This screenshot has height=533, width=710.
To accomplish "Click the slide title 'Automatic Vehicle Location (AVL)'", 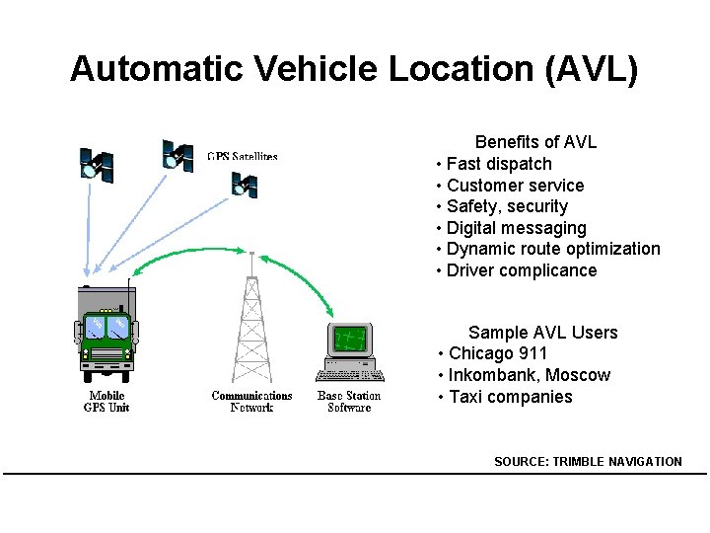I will coord(354,69).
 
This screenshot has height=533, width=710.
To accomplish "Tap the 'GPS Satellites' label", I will coord(243,156).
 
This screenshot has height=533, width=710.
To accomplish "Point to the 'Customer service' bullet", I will coord(515,186).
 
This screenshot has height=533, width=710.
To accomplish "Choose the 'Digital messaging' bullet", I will coord(516,228).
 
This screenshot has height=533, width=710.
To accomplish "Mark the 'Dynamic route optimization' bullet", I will coord(553,249).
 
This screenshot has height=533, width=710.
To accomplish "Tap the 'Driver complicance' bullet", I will coord(522,270).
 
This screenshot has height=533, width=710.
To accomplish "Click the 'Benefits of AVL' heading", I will coord(535,142).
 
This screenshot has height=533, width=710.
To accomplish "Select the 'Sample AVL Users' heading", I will coord(542,333).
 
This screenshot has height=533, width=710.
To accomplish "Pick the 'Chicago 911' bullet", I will coord(498,353).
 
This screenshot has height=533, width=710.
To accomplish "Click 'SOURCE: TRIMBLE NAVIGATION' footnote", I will coord(588,461).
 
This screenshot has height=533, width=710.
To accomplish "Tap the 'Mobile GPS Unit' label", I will coord(106,402).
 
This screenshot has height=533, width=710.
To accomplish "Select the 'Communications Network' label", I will coord(251,402).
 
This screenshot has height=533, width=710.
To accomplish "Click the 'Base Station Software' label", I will coord(349,402).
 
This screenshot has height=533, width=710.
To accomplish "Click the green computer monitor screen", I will coord(350,341).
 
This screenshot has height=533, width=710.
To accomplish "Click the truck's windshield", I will coord(107,327).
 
